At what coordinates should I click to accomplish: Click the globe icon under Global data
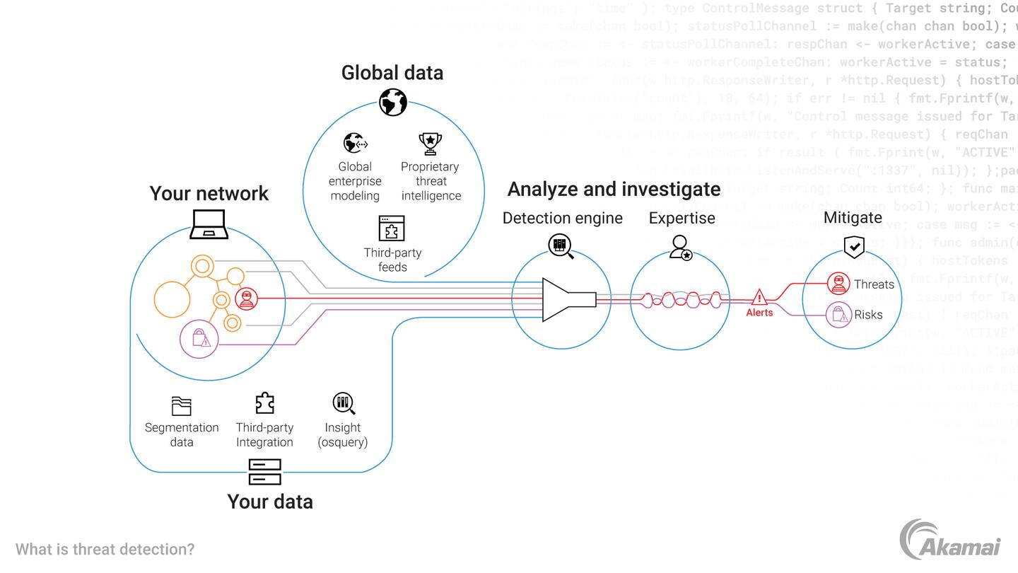[392, 102]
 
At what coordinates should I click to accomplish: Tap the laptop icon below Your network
[209, 224]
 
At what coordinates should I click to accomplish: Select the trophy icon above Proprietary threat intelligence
[430, 144]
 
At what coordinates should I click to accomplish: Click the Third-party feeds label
[392, 260]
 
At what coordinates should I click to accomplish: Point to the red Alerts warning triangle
[759, 297]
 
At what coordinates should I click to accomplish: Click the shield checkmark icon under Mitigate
[854, 246]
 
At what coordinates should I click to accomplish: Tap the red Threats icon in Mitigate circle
[838, 284]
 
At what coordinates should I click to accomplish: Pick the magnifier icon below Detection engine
[561, 245]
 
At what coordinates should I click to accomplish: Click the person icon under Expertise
[681, 247]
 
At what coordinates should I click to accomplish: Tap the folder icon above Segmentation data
[182, 406]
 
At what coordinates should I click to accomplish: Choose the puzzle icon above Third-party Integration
[264, 403]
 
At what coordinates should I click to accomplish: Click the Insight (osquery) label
[343, 435]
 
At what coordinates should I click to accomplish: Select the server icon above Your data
[265, 472]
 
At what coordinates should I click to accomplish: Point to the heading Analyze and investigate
[614, 189]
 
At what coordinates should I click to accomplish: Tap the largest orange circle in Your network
[172, 299]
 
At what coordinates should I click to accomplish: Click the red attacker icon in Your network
[246, 299]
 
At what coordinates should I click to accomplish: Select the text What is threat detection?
[105, 549]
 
